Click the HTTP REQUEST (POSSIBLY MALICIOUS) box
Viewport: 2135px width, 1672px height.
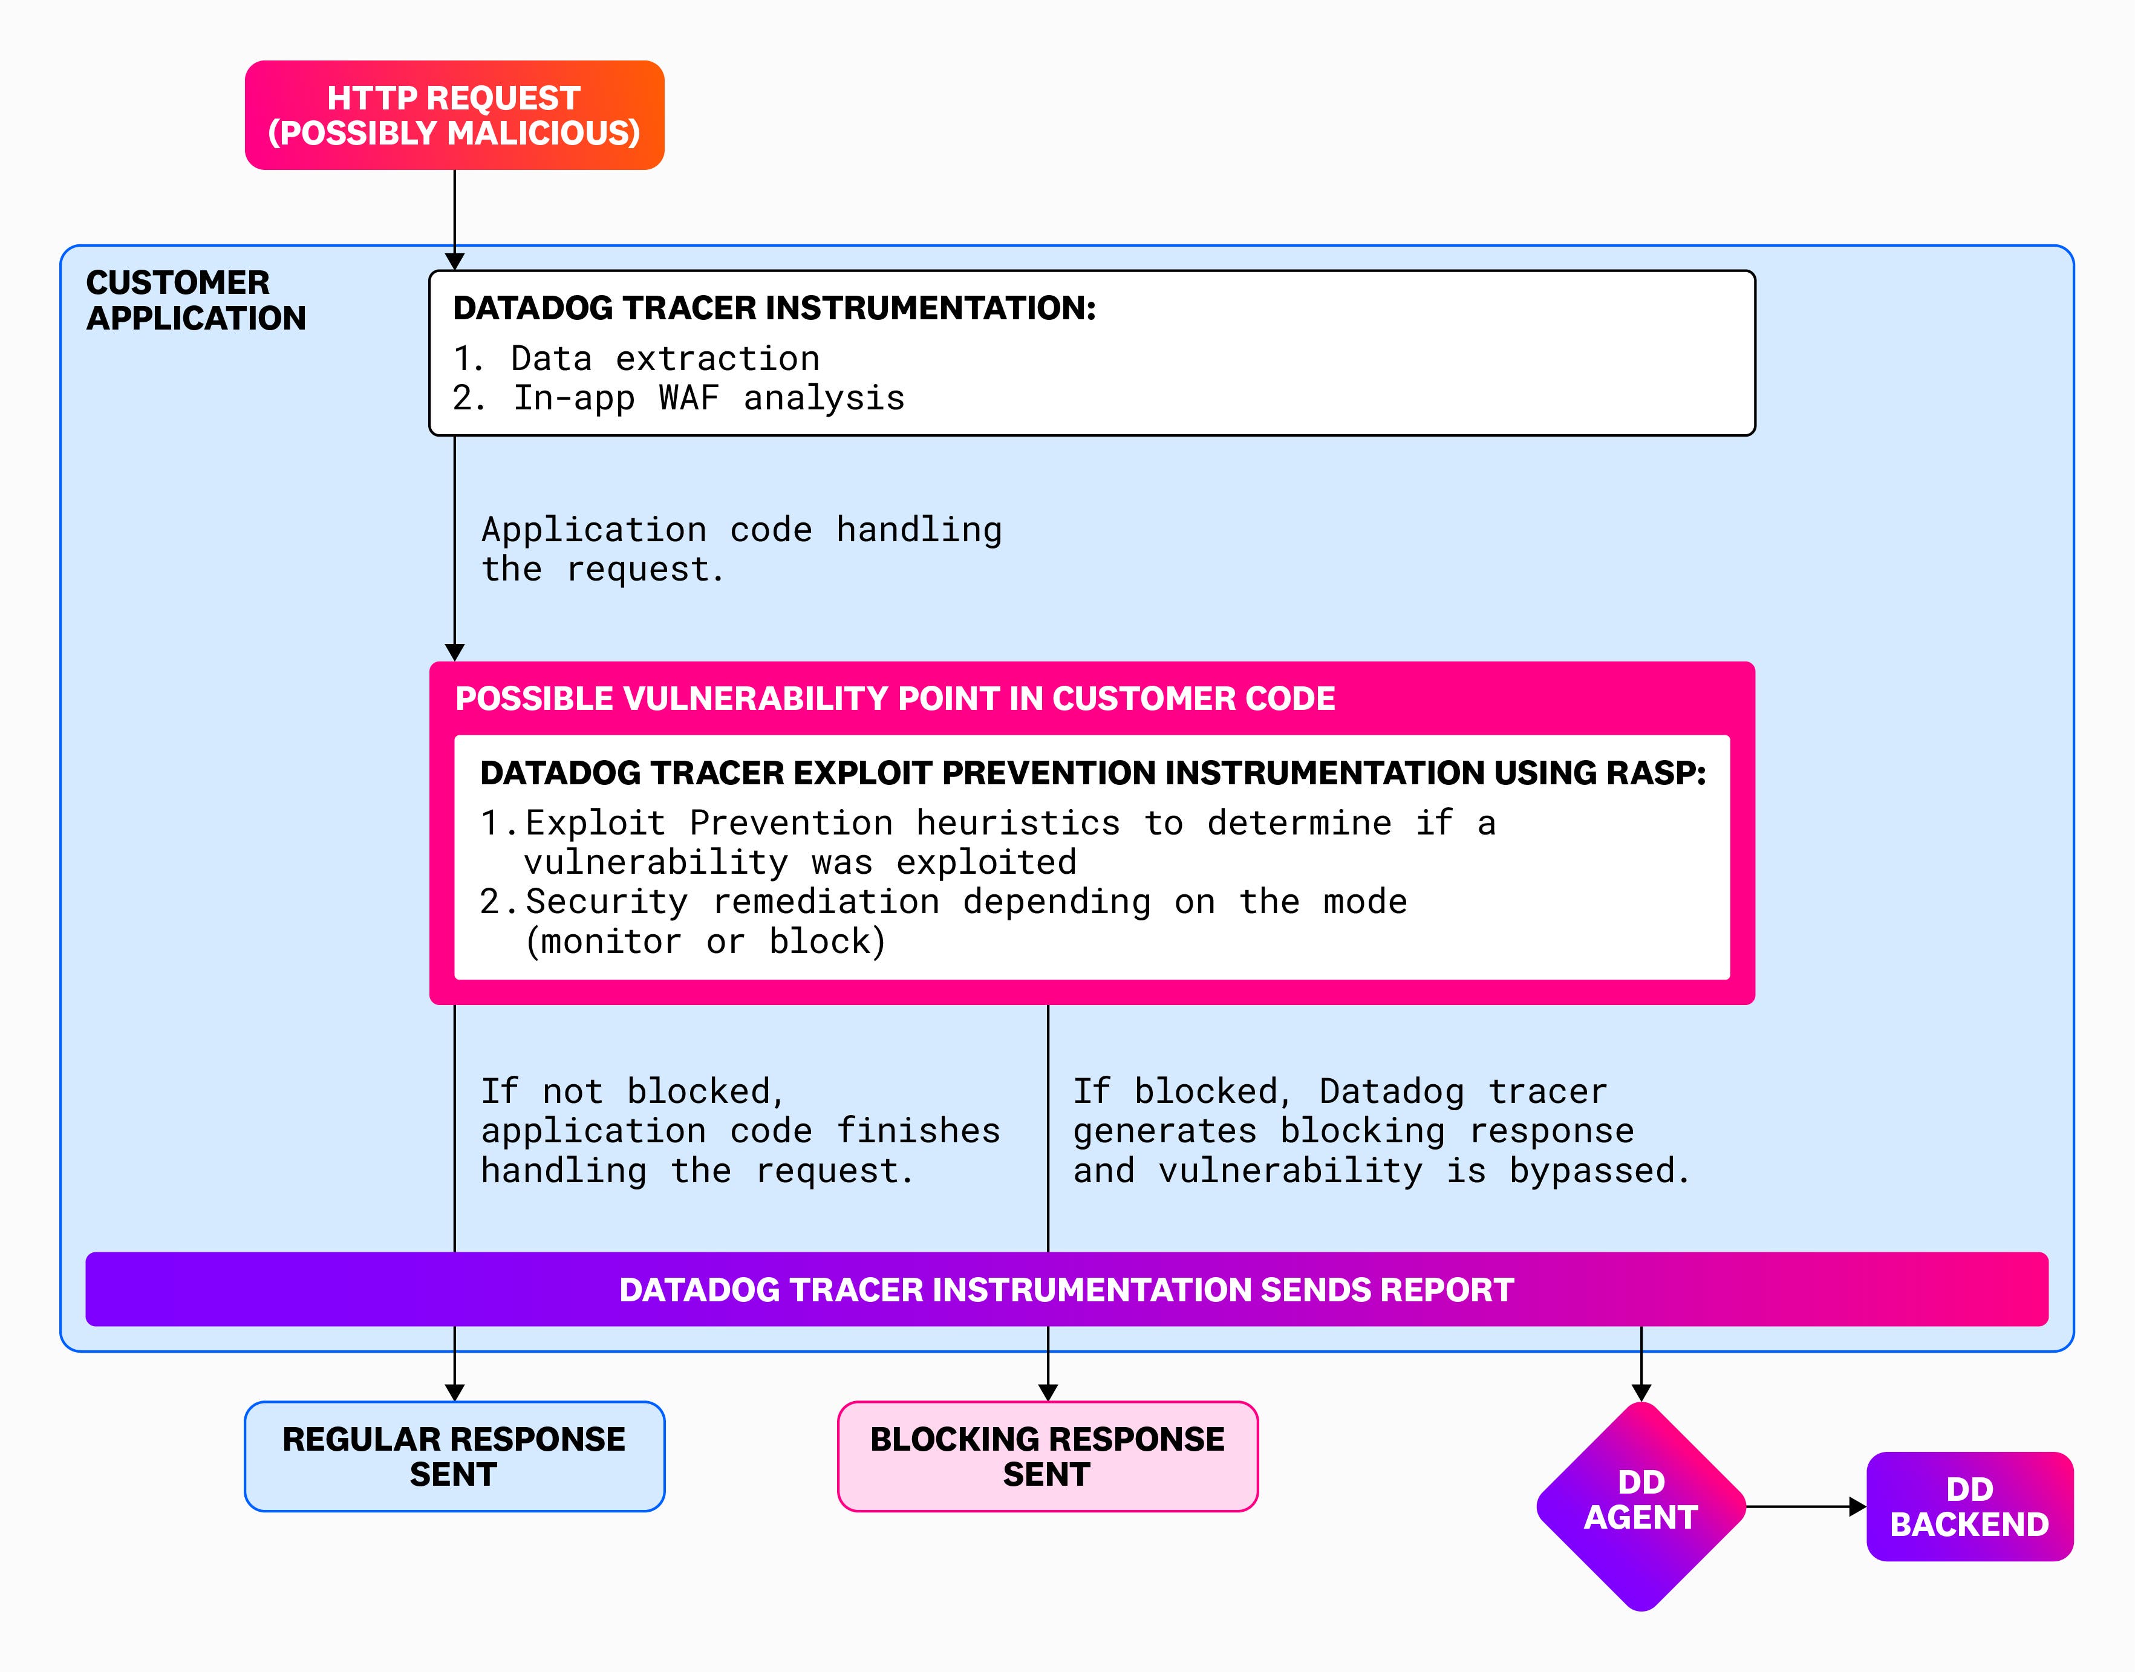point(454,115)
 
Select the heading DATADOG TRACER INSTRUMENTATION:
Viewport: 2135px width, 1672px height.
point(774,308)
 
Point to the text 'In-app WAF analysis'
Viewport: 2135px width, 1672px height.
point(709,398)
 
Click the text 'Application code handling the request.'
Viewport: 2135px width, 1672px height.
point(741,549)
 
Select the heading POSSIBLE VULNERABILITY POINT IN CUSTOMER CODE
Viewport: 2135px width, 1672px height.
point(895,699)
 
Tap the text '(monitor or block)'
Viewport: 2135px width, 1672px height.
point(705,942)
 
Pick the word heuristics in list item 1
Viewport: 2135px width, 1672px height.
point(1017,823)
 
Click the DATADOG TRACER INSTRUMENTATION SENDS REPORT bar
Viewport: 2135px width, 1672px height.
point(1066,1289)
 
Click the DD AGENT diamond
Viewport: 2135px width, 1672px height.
point(1641,1506)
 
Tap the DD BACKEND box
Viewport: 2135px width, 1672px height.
point(1969,1506)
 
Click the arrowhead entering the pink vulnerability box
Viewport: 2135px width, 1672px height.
point(454,652)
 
